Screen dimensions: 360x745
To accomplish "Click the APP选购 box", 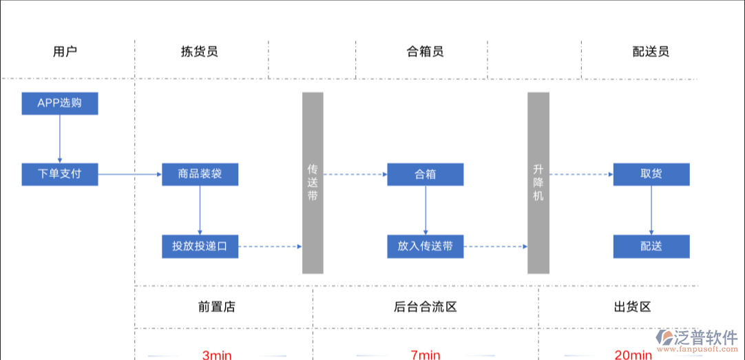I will pyautogui.click(x=59, y=103).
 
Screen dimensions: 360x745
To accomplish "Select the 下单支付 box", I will pyautogui.click(x=59, y=173).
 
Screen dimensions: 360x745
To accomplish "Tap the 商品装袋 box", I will pyautogui.click(x=200, y=174).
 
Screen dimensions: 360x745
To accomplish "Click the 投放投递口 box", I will pyautogui.click(x=200, y=246).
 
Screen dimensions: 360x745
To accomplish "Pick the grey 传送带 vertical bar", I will pyautogui.click(x=313, y=182).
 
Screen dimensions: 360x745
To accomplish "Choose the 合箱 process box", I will pyautogui.click(x=425, y=174).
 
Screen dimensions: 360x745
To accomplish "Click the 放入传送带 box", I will pyautogui.click(x=425, y=246).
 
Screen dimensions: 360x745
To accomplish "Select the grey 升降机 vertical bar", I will pyautogui.click(x=538, y=182).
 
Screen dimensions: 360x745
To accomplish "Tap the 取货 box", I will pyautogui.click(x=651, y=174).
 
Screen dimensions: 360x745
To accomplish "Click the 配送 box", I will pyautogui.click(x=651, y=246).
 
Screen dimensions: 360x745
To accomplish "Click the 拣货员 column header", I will pyautogui.click(x=199, y=52).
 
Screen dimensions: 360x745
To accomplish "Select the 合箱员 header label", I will pyautogui.click(x=425, y=52).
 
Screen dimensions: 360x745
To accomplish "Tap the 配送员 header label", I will pyautogui.click(x=651, y=52).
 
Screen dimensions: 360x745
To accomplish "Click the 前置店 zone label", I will pyautogui.click(x=216, y=307).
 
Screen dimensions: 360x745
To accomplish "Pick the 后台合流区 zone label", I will pyautogui.click(x=425, y=307).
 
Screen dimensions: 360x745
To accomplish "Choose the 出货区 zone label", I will pyautogui.click(x=632, y=307).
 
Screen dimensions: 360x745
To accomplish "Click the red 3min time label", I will pyautogui.click(x=216, y=354).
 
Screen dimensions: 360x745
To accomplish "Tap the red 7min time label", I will pyautogui.click(x=425, y=354).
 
